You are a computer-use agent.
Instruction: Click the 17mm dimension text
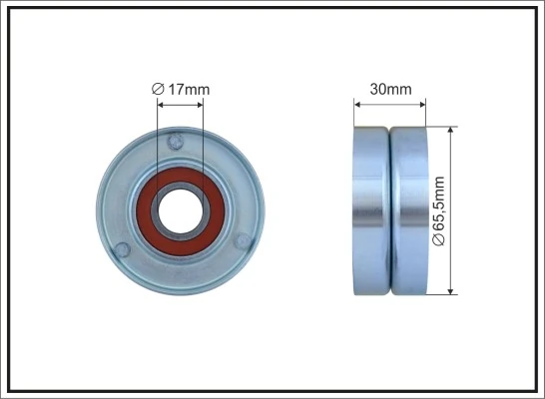click(188, 91)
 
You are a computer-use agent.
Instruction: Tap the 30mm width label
click(390, 90)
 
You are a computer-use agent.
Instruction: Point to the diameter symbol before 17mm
click(157, 91)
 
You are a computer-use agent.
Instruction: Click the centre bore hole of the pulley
click(180, 209)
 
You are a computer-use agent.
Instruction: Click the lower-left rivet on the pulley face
click(121, 247)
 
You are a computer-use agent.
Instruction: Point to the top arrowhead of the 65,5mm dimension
click(451, 131)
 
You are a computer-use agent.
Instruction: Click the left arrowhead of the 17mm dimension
click(162, 103)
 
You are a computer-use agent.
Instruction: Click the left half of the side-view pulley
click(371, 209)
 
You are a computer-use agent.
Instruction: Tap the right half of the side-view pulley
click(408, 209)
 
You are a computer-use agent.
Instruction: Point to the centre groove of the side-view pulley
click(390, 209)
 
